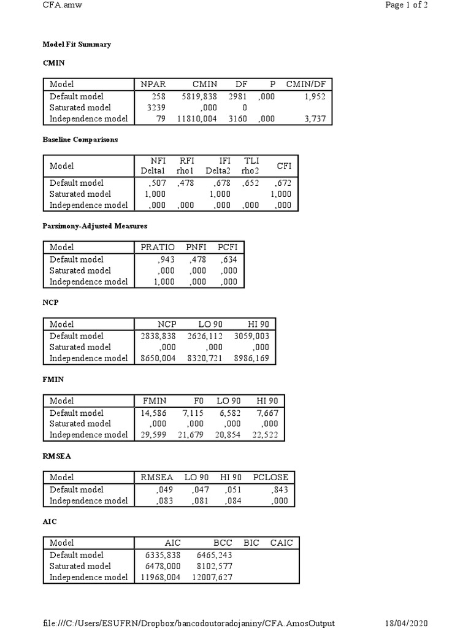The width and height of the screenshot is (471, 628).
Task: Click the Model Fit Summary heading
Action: (x=77, y=45)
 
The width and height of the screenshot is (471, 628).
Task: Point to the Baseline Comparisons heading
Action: (x=80, y=140)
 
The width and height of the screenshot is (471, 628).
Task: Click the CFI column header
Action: (x=284, y=166)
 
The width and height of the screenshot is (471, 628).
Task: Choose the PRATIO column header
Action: (x=158, y=247)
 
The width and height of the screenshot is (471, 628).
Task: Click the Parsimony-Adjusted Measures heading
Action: (x=94, y=226)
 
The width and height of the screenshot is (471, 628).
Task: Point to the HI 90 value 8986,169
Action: (x=251, y=358)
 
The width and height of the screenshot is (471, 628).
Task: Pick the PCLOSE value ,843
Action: (x=280, y=489)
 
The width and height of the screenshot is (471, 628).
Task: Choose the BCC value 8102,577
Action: (x=213, y=566)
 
